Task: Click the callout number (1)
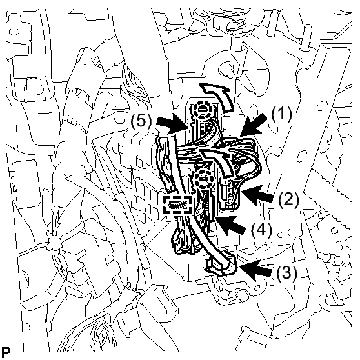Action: point(281,114)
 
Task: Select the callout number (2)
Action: point(288,199)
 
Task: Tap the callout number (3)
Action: point(286,272)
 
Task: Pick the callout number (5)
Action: point(141,121)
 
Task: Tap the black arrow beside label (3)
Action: point(255,270)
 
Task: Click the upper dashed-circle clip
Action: point(200,110)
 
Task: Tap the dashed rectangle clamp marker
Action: point(177,205)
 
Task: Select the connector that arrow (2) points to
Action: point(228,194)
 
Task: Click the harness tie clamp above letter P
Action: point(54,245)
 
